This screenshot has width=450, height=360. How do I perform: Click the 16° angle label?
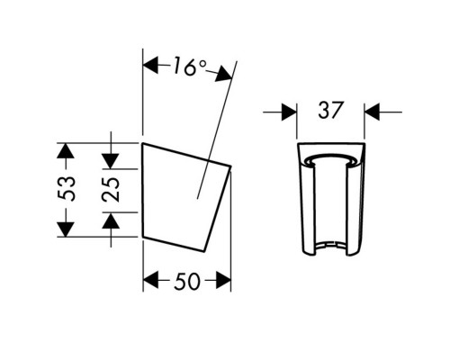pyautogui.click(x=189, y=67)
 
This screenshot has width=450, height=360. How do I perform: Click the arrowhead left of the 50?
pyautogui.click(x=153, y=280)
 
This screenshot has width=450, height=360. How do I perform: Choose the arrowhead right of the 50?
pyautogui.click(x=222, y=280)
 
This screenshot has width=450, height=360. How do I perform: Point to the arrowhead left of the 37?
pyautogui.click(x=287, y=112)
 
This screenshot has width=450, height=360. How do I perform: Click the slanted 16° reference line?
pyautogui.click(x=216, y=126)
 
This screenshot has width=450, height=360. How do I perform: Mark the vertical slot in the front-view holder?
pyautogui.click(x=334, y=202)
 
